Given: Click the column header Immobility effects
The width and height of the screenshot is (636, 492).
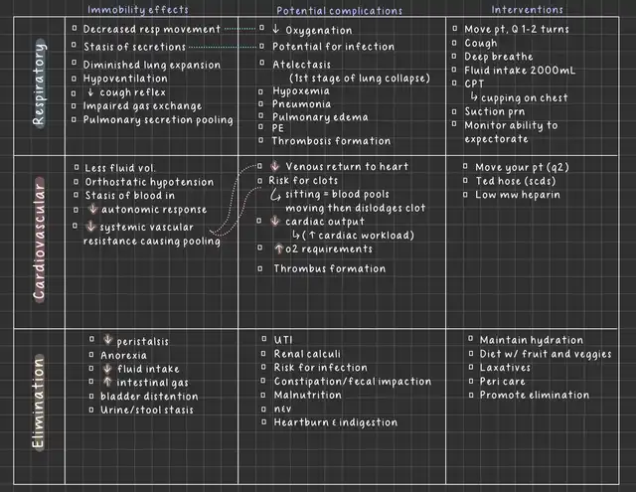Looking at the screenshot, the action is point(138,10).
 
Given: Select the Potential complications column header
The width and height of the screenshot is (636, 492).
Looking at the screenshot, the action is point(339,11).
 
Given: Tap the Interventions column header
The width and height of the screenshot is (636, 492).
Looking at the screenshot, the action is point(527,9).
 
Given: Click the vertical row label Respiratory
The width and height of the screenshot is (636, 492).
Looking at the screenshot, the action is point(39,83).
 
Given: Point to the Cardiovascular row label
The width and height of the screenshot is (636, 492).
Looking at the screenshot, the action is point(39,241).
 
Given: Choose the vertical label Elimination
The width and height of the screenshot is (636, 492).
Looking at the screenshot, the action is point(38,404).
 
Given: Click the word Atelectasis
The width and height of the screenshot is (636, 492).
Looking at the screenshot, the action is point(301,65).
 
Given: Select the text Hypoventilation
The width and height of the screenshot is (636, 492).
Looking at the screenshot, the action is point(125,79).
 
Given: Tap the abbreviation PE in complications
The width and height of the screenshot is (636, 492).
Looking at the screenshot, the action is point(278,128).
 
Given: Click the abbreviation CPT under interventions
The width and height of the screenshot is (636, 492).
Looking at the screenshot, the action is point(474,83).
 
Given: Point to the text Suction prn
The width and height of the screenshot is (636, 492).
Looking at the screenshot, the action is point(495,111).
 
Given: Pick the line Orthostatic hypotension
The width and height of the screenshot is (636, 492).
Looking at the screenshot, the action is point(149,182).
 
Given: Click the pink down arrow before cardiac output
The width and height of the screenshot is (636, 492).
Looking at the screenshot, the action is point(275,221).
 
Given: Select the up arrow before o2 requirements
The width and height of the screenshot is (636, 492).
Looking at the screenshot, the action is point(278,248).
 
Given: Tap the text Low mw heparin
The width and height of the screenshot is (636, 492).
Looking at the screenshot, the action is point(518,195).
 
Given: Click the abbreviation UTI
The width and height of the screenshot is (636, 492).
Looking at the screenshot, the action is point(283,340).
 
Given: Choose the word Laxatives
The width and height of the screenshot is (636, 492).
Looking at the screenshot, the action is point(505,368).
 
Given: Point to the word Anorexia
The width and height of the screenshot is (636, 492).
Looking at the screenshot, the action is point(123,356).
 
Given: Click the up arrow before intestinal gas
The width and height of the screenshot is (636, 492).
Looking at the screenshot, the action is point(107,382).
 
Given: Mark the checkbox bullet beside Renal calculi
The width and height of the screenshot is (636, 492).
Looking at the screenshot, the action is point(263,354).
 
